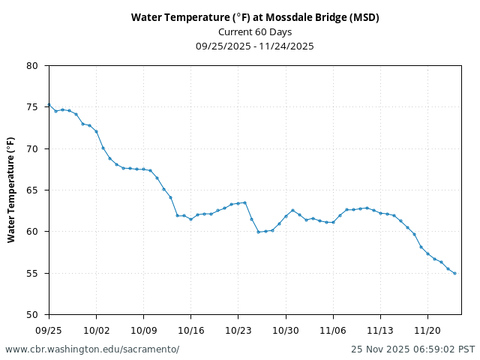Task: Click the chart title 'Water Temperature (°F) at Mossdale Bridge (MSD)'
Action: point(254,17)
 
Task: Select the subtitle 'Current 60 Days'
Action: point(254,31)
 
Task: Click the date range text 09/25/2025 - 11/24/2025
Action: point(254,46)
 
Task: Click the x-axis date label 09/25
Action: point(49,330)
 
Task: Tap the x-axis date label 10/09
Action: point(143,330)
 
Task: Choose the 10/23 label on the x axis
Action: point(238,330)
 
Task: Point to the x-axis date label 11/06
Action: point(333,330)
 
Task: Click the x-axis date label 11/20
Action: point(427,330)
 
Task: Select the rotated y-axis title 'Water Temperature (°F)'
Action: point(11,190)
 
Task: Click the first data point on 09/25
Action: point(49,105)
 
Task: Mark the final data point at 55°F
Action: point(454,273)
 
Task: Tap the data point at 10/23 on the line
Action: point(238,203)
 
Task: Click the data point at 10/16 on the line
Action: point(190,219)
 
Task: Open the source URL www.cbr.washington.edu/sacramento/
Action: point(92,349)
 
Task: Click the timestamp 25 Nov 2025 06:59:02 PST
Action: point(412,349)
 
